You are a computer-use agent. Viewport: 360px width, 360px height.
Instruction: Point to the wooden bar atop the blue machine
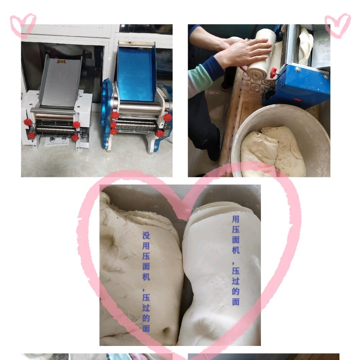[137, 44]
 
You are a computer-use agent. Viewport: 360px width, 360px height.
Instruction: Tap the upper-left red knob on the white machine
[28, 122]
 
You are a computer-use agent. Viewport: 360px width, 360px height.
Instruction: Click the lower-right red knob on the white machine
[75, 138]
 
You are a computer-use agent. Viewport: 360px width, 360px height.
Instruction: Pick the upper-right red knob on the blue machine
[168, 117]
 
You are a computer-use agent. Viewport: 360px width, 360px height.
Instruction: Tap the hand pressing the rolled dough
[249, 53]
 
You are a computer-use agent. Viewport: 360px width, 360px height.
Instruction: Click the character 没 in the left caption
[146, 236]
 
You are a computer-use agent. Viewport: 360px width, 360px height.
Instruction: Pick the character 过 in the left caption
[146, 308]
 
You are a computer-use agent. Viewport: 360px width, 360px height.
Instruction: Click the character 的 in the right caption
[236, 291]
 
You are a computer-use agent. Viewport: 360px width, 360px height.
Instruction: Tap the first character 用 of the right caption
[236, 219]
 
